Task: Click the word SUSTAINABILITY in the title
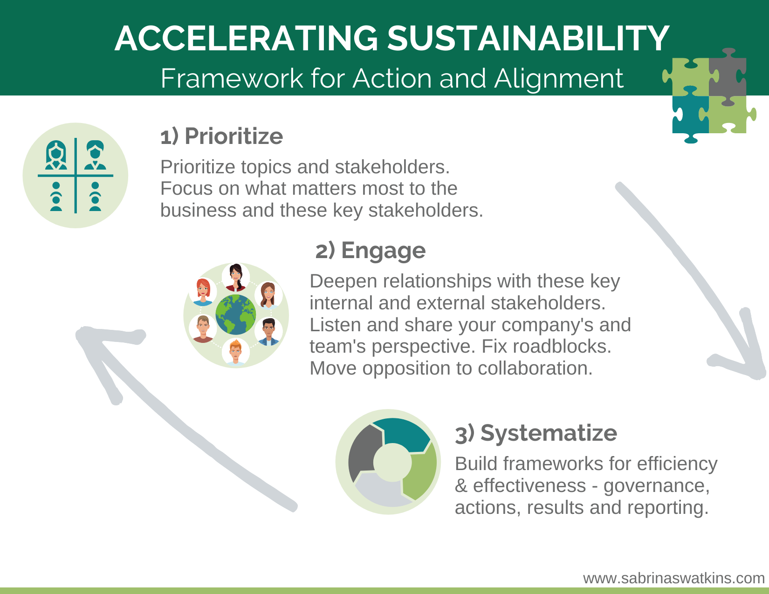tap(528, 39)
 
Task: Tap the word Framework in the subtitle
tap(232, 78)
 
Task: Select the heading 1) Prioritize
tap(222, 136)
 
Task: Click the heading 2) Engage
tap(370, 251)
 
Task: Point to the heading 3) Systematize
tap(536, 433)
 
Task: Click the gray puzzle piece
tap(728, 78)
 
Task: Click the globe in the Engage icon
tap(236, 314)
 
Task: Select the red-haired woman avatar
tap(203, 292)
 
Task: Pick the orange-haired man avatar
tap(236, 352)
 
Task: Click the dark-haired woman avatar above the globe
tap(236, 277)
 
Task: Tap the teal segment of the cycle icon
tap(401, 435)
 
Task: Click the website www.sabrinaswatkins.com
tap(674, 578)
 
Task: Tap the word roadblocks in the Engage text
tap(562, 346)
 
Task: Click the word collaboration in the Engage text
tap(535, 369)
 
